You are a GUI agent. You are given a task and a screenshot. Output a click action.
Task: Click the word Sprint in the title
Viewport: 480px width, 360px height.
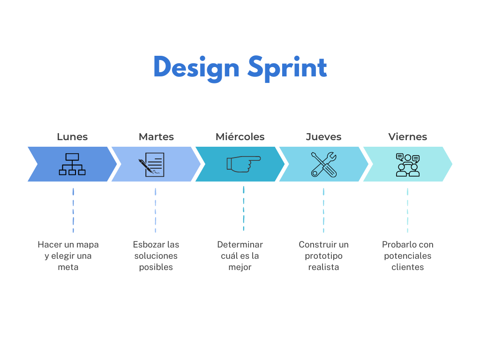tap(287, 68)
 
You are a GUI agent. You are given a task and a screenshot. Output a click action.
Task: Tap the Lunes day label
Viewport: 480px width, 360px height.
tap(72, 136)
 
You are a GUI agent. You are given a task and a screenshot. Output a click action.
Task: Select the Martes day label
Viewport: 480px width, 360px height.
tap(156, 136)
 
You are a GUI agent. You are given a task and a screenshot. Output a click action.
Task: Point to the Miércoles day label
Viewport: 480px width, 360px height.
tap(240, 136)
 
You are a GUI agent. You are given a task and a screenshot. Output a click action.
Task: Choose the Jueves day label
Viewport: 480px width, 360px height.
tap(323, 136)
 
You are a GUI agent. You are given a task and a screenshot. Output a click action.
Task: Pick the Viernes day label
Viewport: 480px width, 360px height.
tap(407, 136)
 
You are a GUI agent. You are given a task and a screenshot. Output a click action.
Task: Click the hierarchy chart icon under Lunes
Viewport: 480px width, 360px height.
tap(72, 165)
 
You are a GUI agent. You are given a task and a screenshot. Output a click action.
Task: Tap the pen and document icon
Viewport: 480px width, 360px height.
tap(151, 165)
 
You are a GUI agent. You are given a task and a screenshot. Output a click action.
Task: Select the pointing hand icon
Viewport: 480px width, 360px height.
tap(243, 164)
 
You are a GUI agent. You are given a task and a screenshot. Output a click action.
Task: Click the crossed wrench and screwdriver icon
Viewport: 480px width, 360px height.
tap(323, 165)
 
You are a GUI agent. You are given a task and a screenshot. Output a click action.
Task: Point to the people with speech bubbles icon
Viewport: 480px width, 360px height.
tap(408, 165)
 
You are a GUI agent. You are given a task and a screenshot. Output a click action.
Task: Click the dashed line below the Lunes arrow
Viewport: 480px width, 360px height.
tap(73, 210)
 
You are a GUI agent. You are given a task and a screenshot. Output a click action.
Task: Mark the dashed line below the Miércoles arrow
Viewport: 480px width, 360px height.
tap(244, 209)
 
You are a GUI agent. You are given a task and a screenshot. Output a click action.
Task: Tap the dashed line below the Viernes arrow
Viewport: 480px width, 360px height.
tap(407, 210)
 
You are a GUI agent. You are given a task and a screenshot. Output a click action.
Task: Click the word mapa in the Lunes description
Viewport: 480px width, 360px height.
tap(87, 245)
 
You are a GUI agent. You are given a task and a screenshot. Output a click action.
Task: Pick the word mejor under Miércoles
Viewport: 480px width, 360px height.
tap(240, 267)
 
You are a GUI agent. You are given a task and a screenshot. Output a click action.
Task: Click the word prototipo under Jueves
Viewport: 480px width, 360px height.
tap(323, 256)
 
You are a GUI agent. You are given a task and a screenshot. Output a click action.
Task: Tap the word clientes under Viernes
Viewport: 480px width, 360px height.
tap(408, 267)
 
